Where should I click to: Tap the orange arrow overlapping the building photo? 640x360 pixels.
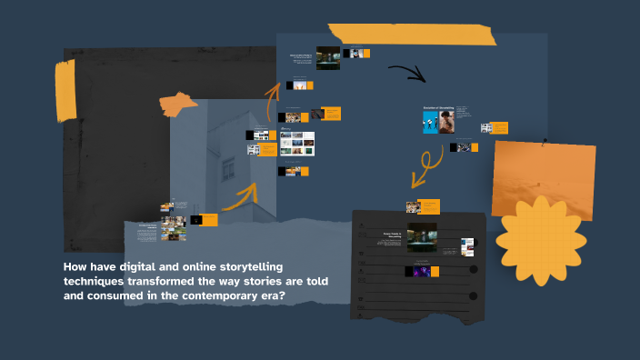(241, 195)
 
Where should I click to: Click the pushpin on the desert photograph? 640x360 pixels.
(544, 142)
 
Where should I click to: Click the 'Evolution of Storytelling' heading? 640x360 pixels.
(438, 108)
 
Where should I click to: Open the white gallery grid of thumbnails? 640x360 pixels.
(297, 143)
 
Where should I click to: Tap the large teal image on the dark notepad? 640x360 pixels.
(422, 236)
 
